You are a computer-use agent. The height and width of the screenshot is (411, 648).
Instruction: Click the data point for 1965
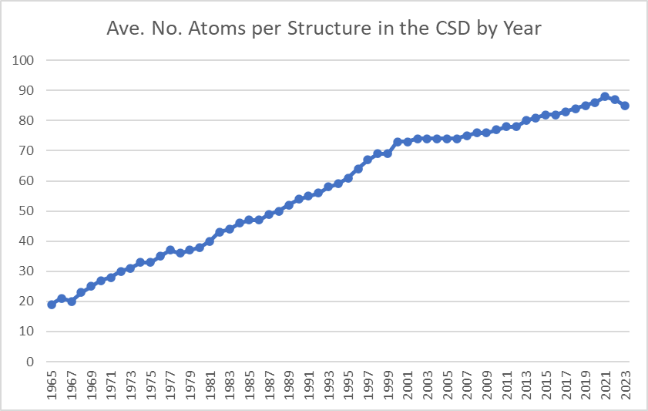[x=52, y=305]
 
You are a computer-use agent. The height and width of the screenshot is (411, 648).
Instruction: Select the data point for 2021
[x=605, y=97]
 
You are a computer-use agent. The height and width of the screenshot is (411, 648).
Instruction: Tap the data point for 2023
[x=625, y=106]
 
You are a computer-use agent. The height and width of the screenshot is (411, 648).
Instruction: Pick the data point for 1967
[x=72, y=302]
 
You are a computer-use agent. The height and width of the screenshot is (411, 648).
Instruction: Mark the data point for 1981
[x=210, y=241]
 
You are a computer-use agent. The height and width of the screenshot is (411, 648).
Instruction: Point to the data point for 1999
[x=388, y=153]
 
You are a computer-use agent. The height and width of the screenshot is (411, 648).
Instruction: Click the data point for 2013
[x=526, y=120]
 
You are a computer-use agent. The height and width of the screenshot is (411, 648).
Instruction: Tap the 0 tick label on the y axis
[x=31, y=362]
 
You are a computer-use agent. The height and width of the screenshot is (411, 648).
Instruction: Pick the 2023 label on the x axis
[x=626, y=389]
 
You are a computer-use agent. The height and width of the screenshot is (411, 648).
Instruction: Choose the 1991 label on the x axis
[x=309, y=389]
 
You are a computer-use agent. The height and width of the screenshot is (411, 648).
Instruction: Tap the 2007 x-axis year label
[x=467, y=389]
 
